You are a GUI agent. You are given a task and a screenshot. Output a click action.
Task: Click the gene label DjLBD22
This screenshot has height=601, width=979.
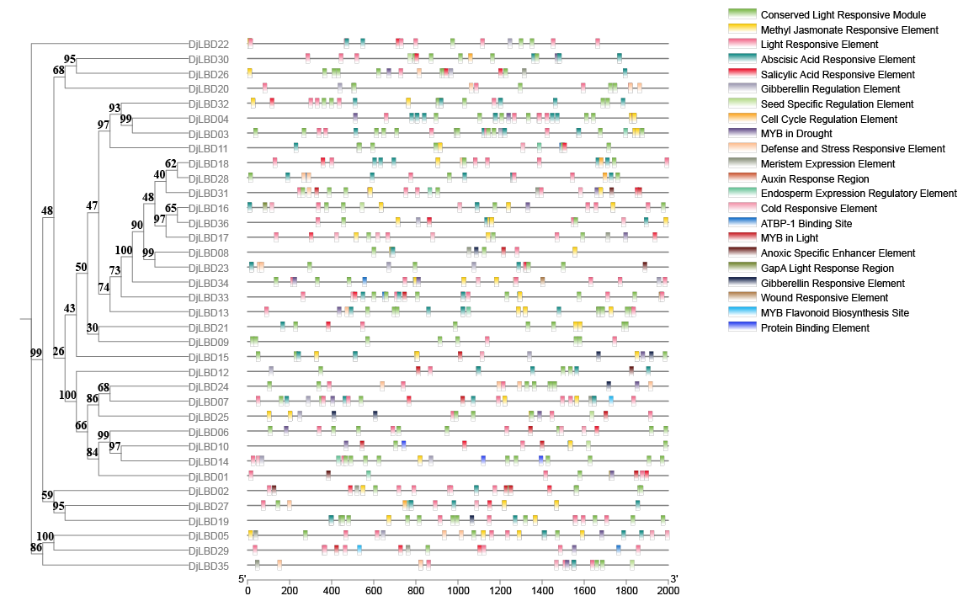click(208, 44)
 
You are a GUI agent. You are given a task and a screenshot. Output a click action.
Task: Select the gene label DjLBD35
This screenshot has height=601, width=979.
click(208, 566)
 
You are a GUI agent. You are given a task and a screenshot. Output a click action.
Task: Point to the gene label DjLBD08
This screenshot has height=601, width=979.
click(208, 253)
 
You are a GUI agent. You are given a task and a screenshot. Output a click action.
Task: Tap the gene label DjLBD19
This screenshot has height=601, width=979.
click(208, 521)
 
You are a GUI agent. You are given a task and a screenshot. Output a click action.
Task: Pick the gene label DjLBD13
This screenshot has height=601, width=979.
click(208, 312)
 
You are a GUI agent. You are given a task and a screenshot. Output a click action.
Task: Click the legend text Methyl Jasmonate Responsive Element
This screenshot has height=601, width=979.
click(849, 30)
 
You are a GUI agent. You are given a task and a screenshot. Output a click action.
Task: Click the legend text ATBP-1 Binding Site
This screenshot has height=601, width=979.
click(806, 224)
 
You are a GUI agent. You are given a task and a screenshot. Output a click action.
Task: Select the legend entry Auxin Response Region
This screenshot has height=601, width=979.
click(815, 179)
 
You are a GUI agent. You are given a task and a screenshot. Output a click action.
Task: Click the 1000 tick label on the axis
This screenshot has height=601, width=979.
click(458, 591)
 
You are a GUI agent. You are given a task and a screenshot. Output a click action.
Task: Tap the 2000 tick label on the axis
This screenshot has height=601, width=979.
click(668, 591)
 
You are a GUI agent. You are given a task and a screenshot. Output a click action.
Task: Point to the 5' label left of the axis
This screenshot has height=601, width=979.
click(242, 579)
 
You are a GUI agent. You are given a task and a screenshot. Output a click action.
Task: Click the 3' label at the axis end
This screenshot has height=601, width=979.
click(673, 579)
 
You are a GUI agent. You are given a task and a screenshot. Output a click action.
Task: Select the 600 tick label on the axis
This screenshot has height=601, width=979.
click(374, 591)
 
